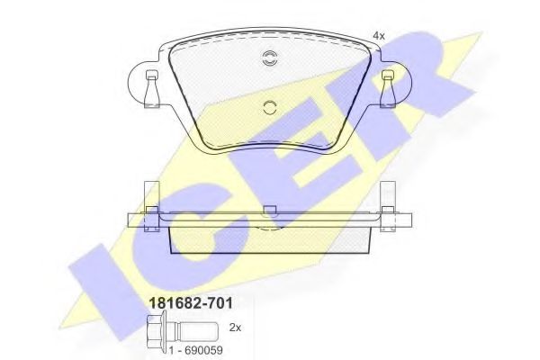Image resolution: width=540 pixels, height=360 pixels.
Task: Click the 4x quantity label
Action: (378, 35)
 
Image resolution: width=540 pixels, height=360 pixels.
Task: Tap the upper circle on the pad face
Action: (269, 60)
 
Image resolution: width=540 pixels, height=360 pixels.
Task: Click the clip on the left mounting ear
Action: (151, 85)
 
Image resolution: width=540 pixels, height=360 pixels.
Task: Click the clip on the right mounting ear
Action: (388, 85)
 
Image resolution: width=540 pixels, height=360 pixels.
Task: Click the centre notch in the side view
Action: (269, 212)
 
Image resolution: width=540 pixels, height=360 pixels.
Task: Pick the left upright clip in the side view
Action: (151, 202)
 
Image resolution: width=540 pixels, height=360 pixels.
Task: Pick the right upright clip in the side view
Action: (388, 202)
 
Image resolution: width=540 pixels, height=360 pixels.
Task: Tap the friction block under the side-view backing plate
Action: (269, 236)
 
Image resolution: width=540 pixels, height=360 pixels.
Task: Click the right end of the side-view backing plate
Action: (407, 219)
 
